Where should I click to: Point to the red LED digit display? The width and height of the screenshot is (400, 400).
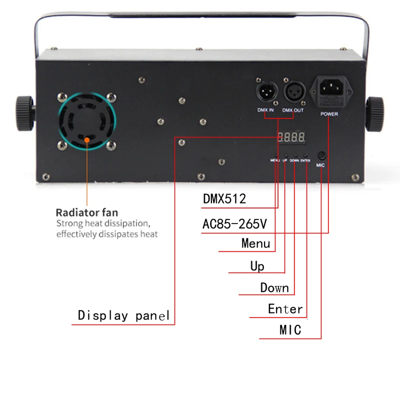click(x=292, y=137)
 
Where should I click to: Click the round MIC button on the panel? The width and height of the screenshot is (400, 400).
click(x=321, y=155)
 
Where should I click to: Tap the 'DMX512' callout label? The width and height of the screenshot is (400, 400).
click(x=224, y=198)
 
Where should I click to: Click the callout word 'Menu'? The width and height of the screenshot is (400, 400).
click(x=255, y=243)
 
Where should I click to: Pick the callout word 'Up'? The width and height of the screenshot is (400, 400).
click(x=257, y=266)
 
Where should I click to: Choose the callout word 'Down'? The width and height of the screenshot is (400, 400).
click(x=274, y=287)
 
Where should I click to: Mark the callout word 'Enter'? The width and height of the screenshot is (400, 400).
click(x=285, y=309)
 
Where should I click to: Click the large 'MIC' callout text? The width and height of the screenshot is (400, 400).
click(x=290, y=330)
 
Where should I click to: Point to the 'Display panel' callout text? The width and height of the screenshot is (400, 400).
click(x=124, y=315)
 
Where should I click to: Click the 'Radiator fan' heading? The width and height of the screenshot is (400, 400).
click(x=87, y=212)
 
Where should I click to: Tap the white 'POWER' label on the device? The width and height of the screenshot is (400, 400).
click(x=329, y=114)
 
